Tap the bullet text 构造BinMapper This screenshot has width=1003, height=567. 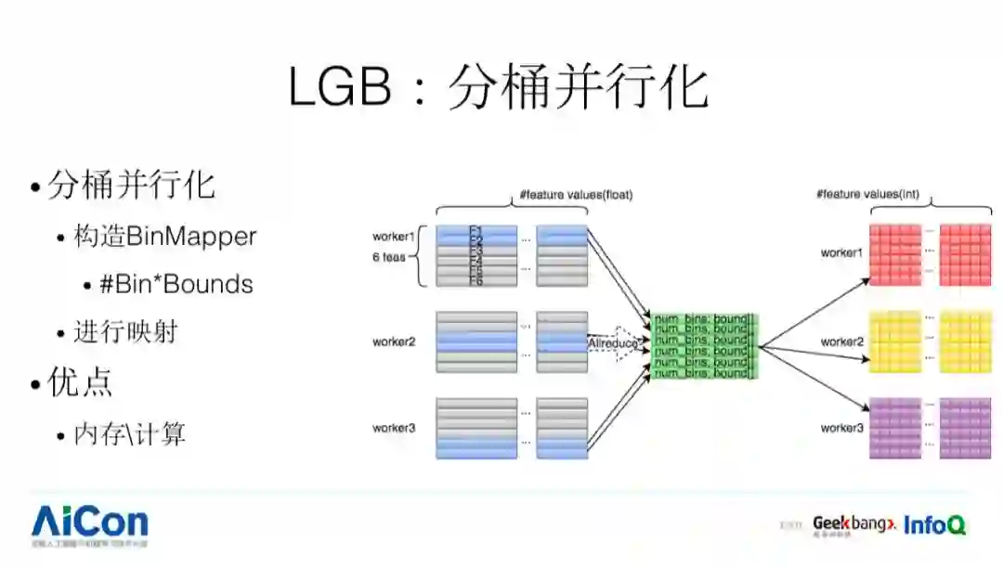tap(164, 236)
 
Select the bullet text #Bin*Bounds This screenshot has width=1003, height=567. tap(176, 284)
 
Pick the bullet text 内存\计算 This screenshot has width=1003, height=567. tap(130, 432)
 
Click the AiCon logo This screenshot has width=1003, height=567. tap(89, 524)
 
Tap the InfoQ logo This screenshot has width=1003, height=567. tap(934, 524)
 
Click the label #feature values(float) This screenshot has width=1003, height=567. tap(577, 196)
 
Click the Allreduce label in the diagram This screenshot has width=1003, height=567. tap(613, 343)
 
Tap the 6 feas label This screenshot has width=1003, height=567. tap(389, 257)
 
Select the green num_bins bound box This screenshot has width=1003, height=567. tap(705, 346)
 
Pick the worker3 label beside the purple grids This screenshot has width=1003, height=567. tap(841, 428)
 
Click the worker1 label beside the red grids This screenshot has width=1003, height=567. tap(841, 252)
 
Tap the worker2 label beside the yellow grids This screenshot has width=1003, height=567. tap(841, 341)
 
